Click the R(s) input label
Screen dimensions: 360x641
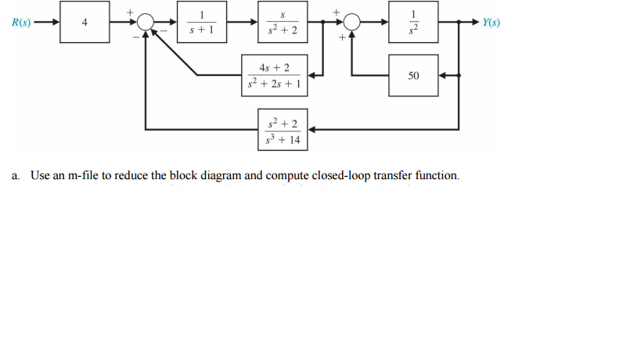click(x=21, y=23)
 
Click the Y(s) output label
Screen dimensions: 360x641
click(x=493, y=23)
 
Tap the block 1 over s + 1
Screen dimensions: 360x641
click(x=201, y=23)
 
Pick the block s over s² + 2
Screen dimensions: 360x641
click(x=283, y=23)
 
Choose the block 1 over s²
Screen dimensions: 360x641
click(x=412, y=23)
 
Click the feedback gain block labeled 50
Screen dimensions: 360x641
click(x=412, y=76)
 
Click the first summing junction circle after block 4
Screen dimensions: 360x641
click(x=146, y=23)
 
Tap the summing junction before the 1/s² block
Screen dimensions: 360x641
click(x=353, y=23)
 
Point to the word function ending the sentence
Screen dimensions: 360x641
click(x=436, y=175)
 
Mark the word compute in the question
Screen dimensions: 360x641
click(x=286, y=175)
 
